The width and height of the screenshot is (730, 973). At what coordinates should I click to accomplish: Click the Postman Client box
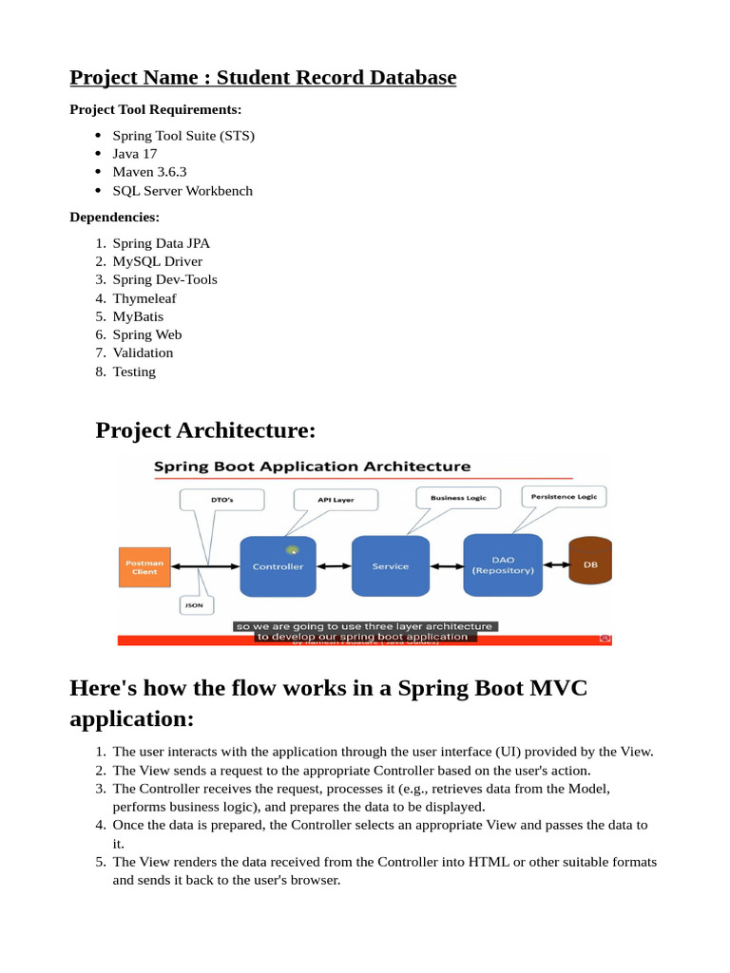click(144, 566)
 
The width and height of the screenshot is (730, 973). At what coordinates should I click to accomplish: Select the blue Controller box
click(278, 566)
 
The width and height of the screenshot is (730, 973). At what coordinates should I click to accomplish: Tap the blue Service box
click(391, 566)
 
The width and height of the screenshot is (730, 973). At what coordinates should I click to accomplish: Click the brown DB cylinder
click(590, 564)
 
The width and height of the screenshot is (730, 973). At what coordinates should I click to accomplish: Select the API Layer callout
click(336, 499)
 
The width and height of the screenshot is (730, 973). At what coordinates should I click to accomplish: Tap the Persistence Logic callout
click(564, 495)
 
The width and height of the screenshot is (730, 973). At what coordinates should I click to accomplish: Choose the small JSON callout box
click(194, 604)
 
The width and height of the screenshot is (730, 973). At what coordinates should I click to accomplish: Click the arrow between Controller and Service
click(334, 566)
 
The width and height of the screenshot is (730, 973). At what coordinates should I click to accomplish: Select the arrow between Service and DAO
click(447, 566)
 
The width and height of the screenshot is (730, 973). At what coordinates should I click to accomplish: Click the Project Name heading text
click(262, 77)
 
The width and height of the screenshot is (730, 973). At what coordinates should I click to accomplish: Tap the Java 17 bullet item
click(135, 154)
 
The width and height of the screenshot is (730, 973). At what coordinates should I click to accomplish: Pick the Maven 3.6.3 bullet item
click(149, 172)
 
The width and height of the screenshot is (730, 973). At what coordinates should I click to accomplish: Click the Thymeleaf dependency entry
click(144, 297)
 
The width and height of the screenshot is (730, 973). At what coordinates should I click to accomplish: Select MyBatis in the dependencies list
click(138, 316)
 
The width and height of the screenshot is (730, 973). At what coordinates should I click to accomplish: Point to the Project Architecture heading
click(205, 430)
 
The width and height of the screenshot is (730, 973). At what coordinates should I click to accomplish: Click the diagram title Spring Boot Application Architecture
click(312, 467)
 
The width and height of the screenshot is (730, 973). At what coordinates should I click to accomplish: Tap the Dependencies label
click(114, 217)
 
